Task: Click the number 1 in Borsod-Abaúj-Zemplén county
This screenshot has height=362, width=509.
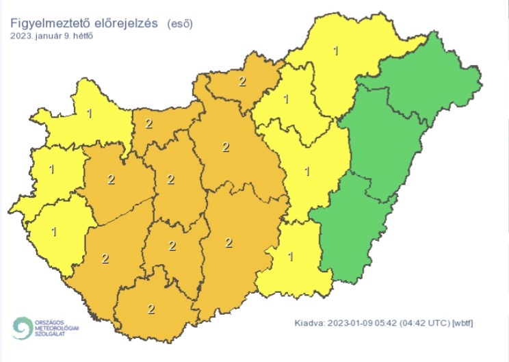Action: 335,51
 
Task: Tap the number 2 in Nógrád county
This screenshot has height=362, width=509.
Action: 242,81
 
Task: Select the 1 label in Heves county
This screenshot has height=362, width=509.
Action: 286,100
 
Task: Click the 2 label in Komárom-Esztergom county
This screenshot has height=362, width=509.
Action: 148,124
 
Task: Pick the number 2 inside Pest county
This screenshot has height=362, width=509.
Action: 226,146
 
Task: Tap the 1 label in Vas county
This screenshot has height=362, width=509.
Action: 53,168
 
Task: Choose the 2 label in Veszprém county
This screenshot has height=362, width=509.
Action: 111,180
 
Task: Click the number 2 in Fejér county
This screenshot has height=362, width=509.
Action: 171,180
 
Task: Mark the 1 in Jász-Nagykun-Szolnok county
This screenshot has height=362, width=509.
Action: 306,171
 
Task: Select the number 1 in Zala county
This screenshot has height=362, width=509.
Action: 53,231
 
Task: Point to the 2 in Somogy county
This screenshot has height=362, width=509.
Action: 105,258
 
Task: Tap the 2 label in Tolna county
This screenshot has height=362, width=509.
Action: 172,246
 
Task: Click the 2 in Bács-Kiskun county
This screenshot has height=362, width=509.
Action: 229,242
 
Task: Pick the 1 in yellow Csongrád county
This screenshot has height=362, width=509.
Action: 291,257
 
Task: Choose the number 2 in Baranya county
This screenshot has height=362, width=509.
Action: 151,309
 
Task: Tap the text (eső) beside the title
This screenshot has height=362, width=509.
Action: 179,23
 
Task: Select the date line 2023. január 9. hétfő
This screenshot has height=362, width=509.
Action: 52,36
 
